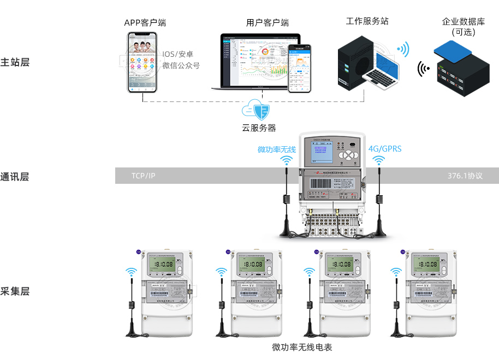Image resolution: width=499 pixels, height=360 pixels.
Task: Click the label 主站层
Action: coord(15,62)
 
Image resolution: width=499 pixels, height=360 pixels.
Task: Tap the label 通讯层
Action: coord(15,176)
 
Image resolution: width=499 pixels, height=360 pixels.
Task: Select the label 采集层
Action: coord(15,291)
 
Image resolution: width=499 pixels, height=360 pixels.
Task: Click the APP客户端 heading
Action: coord(145,23)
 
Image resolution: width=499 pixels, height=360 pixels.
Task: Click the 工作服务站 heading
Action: coord(367,21)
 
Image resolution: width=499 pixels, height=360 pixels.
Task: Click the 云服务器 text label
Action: coord(259,129)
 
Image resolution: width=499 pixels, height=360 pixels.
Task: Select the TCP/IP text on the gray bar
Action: coord(143,176)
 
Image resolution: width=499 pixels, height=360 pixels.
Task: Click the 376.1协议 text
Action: coord(465,176)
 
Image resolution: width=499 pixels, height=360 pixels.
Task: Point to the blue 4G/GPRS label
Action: coord(385,149)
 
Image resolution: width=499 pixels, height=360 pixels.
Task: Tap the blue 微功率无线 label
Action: coord(277,149)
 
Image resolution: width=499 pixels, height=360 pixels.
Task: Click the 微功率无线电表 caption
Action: coord(302,347)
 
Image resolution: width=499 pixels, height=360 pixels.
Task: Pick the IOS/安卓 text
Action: coord(178,55)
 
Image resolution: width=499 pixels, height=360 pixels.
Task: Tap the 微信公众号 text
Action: coord(181,65)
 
